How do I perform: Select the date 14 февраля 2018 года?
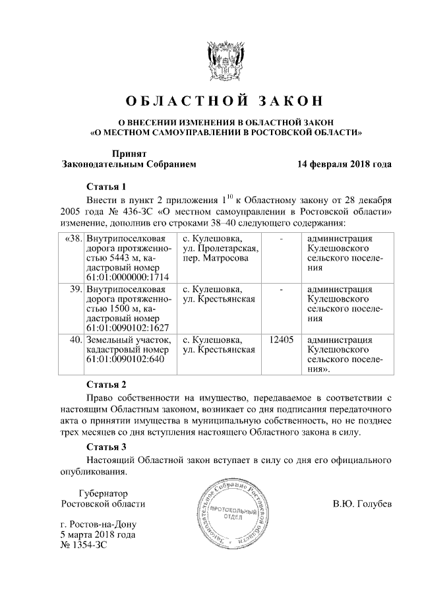(x=344, y=164)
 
